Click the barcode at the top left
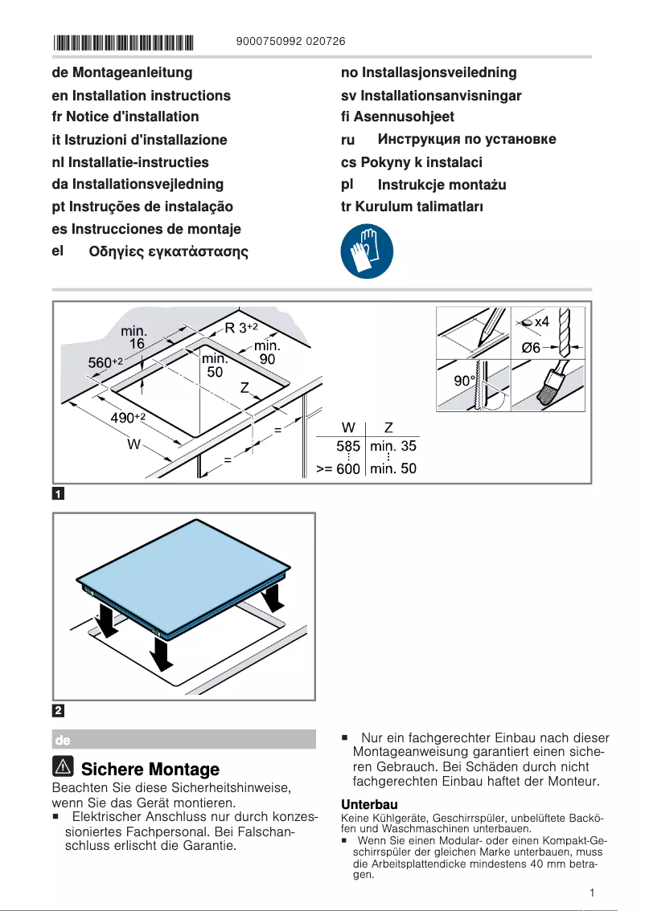tap(124, 42)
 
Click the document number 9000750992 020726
tap(292, 42)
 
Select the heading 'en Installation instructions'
tap(141, 96)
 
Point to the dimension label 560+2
tap(105, 363)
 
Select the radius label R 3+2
tap(240, 328)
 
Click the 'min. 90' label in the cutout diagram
tap(267, 353)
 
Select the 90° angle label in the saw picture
tap(464, 381)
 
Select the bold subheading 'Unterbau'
tap(369, 804)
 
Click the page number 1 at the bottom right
tap(591, 893)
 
